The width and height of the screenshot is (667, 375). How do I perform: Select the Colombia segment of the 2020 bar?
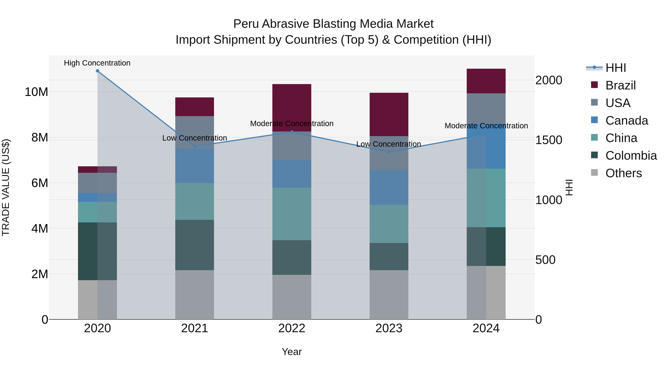97,251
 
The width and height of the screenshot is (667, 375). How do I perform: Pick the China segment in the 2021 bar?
195,201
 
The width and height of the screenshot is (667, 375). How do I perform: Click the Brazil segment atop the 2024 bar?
486,81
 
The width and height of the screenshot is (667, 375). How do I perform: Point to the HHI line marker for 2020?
97,71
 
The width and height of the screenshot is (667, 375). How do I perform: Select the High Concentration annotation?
97,63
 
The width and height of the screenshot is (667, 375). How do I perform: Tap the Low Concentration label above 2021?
195,138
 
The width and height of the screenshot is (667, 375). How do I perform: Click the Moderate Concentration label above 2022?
292,124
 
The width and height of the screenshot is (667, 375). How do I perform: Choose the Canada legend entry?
627,121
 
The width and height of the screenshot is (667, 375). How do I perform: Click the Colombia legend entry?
631,156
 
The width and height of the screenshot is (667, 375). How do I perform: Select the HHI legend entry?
615,68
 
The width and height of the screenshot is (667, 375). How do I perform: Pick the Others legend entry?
623,173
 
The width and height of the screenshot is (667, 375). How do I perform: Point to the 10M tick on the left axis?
36,92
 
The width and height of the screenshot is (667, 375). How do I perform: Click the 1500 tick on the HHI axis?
548,140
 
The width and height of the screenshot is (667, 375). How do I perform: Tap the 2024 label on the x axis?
486,328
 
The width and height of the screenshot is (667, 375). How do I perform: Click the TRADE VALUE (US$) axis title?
6,187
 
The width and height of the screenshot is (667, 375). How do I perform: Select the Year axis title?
292,352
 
